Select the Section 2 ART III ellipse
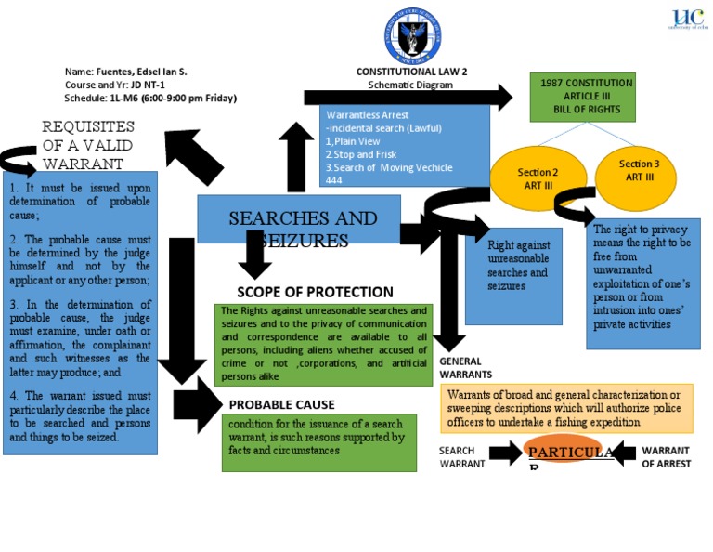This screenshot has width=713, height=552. point(538,178)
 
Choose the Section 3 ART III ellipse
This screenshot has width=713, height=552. point(639,170)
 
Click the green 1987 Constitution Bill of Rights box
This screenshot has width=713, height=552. point(582,97)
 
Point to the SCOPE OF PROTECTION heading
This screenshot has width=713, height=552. point(315,292)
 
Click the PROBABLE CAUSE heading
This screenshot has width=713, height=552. point(281,404)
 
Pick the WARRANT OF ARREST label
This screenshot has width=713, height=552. point(666,457)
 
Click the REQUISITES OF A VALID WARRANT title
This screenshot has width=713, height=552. point(88,145)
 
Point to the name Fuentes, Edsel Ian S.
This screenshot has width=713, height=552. point(125,72)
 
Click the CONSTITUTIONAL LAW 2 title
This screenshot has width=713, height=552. point(411,72)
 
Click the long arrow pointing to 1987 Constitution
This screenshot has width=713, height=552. point(408,96)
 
